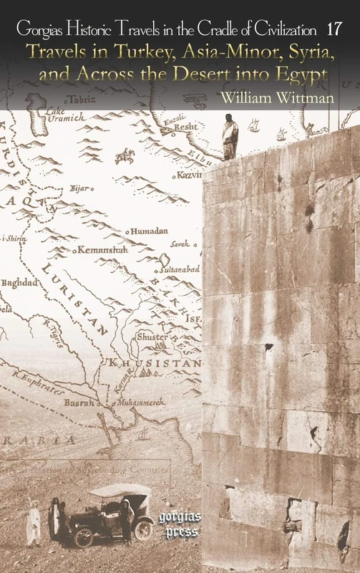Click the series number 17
pos(333,29)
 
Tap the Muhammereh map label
pos(141,402)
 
